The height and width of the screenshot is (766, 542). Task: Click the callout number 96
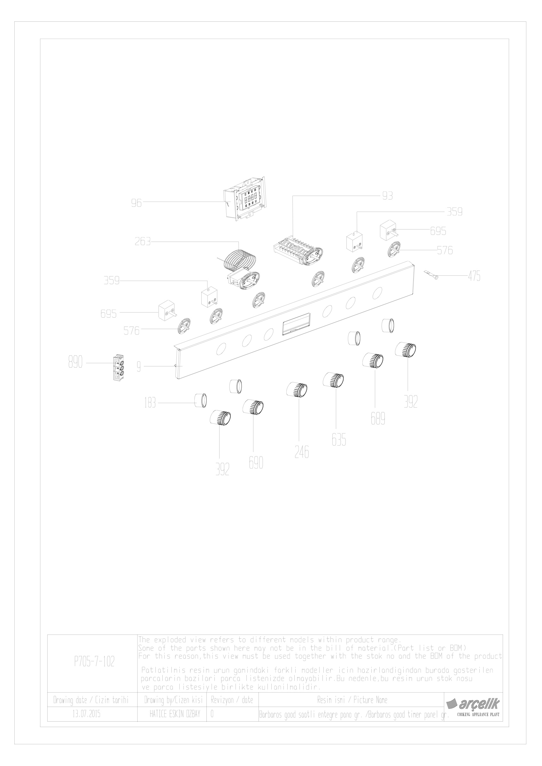click(136, 203)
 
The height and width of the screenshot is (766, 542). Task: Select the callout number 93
click(387, 196)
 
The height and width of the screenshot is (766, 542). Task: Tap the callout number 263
click(143, 242)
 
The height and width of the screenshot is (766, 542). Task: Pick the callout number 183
click(150, 403)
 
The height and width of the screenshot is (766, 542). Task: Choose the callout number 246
click(302, 452)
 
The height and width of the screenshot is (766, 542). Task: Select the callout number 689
click(378, 419)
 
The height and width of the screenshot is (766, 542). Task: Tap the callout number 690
click(256, 463)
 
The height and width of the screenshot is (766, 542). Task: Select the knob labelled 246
click(297, 390)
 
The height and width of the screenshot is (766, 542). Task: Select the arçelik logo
click(473, 704)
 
